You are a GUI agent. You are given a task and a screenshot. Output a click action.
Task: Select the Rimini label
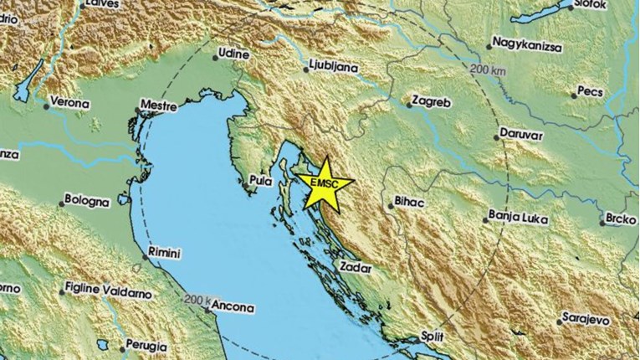[165, 251]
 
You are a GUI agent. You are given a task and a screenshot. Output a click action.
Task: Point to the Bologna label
[89, 202]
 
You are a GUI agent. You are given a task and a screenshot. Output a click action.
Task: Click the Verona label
[70, 103]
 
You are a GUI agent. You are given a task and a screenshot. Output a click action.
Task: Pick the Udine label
[233, 54]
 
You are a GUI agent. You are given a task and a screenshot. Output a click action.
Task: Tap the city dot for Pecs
[575, 95]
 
